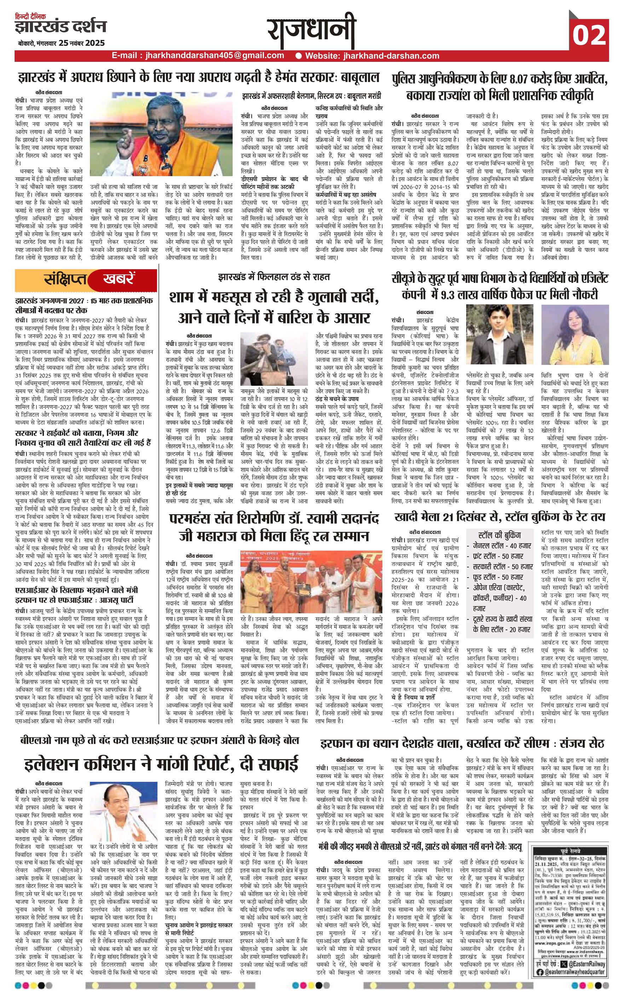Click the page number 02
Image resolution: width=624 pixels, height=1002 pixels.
(x=589, y=35)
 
